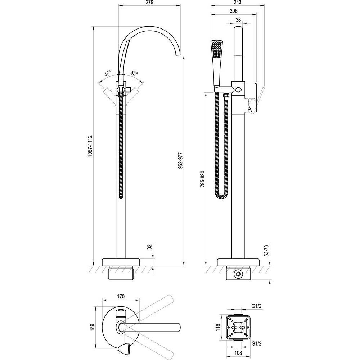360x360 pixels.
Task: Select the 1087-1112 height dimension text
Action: point(90,146)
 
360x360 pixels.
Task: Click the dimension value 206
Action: point(233,11)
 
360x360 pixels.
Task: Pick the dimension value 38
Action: point(238,20)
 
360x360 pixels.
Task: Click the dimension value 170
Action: point(121,297)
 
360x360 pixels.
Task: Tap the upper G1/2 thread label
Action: point(256,306)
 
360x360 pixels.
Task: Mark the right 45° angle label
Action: point(134,73)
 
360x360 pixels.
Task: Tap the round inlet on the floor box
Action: point(238,274)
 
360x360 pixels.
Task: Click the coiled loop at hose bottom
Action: point(221,196)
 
